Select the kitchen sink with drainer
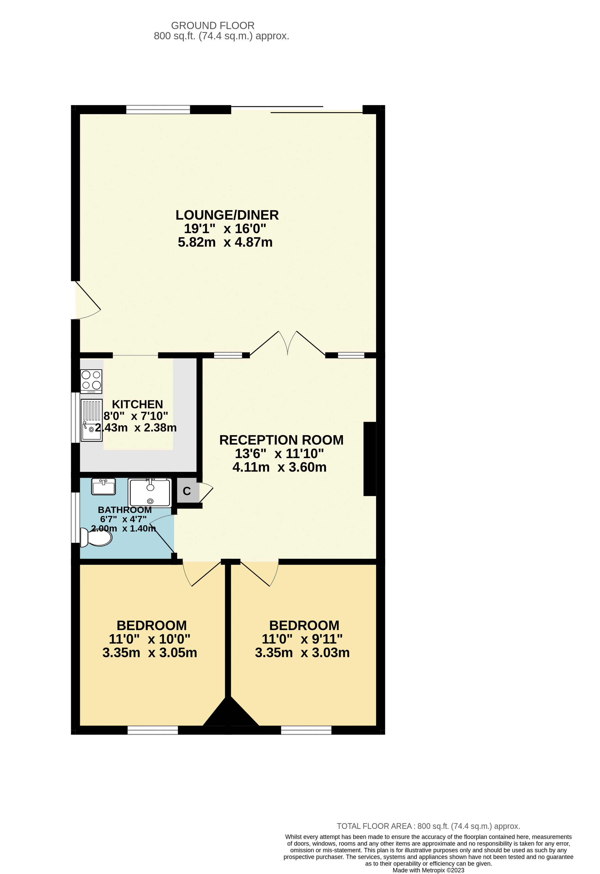click(x=91, y=420)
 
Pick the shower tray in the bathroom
click(x=150, y=493)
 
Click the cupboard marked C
click(x=187, y=491)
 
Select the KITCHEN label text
click(x=137, y=404)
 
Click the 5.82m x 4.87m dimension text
click(x=225, y=242)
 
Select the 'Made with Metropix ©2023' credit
click(x=428, y=870)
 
